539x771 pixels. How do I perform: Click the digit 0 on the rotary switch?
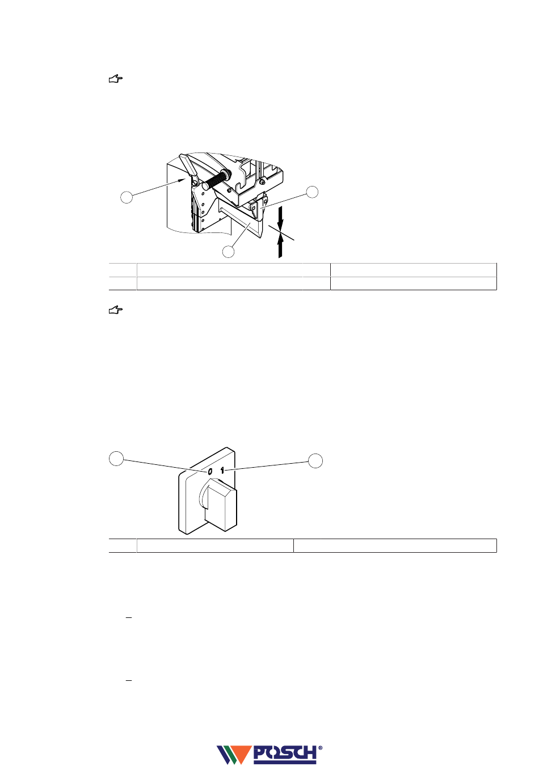click(209, 472)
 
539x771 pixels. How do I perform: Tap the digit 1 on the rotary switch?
click(223, 470)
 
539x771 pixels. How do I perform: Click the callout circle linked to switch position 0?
click(116, 459)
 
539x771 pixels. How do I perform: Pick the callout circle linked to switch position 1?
click(316, 460)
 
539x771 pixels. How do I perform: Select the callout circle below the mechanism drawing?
click(228, 252)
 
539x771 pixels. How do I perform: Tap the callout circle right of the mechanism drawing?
click(313, 192)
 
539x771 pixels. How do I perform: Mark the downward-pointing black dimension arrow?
click(280, 218)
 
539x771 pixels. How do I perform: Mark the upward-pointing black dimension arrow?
click(280, 247)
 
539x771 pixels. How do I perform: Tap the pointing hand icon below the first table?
click(116, 310)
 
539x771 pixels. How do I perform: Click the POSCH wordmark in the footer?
click(284, 753)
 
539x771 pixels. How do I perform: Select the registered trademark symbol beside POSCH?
click(321, 748)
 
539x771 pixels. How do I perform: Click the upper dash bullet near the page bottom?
click(129, 617)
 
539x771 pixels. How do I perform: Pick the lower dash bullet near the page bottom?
click(129, 679)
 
